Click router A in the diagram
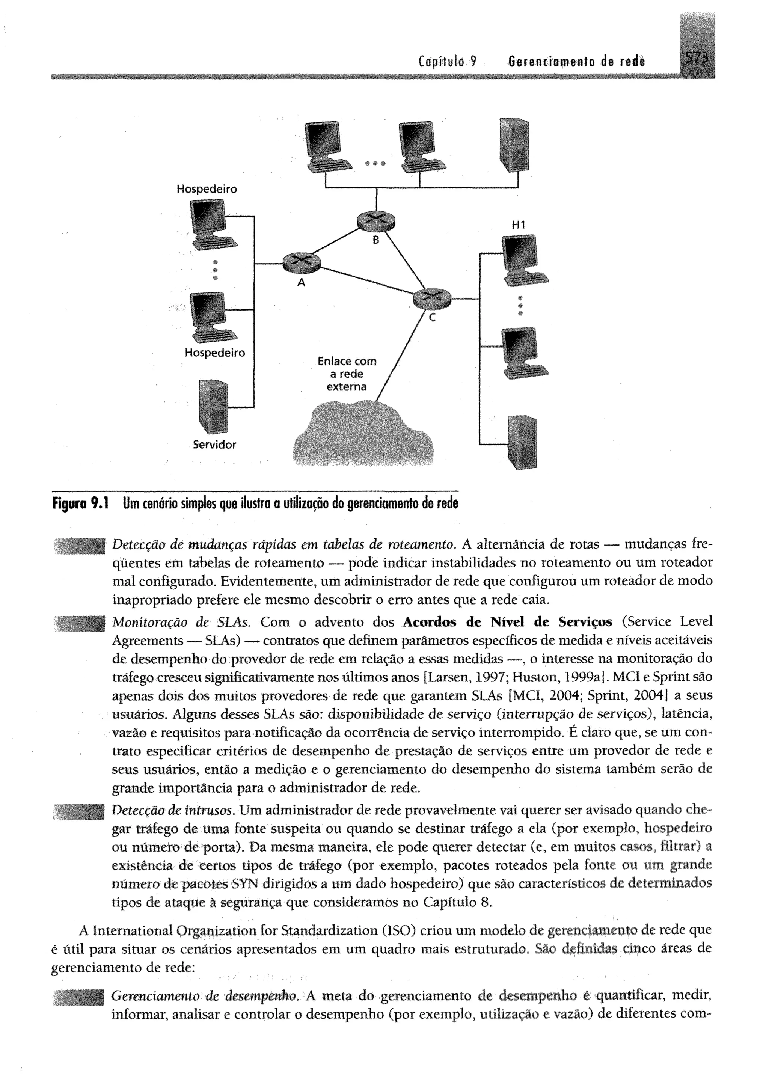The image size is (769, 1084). pos(301,262)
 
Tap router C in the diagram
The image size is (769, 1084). pos(432,298)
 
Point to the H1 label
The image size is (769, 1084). pos(519,225)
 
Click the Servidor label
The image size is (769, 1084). pos(214,445)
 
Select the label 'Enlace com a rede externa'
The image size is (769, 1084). pos(347,374)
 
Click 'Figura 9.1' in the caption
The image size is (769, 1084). pos(80,503)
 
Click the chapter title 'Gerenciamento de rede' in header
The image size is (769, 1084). pos(575,62)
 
